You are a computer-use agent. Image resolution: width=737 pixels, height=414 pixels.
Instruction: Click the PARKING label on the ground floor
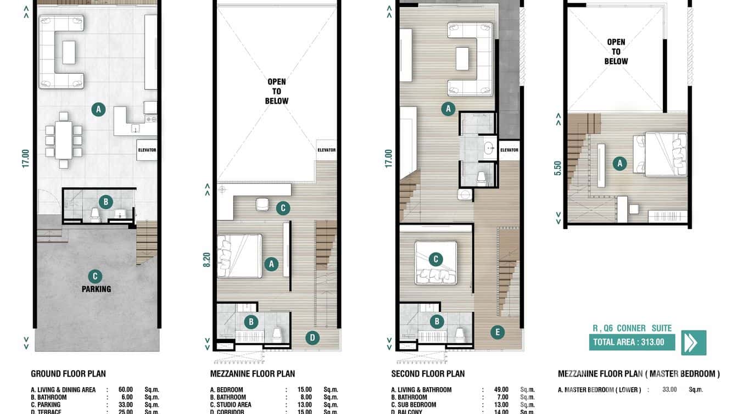(96, 289)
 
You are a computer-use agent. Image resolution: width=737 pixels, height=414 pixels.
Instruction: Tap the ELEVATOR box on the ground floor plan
(147, 150)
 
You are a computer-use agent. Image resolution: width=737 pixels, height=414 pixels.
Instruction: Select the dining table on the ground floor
(64, 139)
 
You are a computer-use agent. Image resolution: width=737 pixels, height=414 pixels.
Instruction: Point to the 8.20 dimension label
(206, 259)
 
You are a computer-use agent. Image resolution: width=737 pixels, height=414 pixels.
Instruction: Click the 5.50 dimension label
(558, 167)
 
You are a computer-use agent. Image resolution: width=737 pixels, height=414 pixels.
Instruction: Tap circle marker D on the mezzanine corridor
(312, 338)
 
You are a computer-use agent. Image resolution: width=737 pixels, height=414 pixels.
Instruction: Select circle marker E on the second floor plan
(497, 332)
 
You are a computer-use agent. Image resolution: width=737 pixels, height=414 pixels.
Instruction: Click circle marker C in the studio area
(282, 208)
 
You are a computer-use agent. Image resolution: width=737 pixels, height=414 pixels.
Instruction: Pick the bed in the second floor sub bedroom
(436, 262)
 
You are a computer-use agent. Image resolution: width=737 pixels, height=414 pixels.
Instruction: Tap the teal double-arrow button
(693, 343)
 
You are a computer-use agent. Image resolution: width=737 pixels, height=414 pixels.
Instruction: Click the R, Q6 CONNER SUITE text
(632, 328)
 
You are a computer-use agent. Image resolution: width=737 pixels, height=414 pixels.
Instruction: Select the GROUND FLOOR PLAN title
(68, 374)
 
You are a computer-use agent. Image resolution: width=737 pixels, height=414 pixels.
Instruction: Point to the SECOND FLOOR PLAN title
(428, 374)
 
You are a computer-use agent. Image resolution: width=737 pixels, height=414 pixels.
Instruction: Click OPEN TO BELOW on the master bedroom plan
(616, 52)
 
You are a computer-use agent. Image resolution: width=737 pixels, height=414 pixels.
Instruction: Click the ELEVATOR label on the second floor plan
(509, 150)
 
